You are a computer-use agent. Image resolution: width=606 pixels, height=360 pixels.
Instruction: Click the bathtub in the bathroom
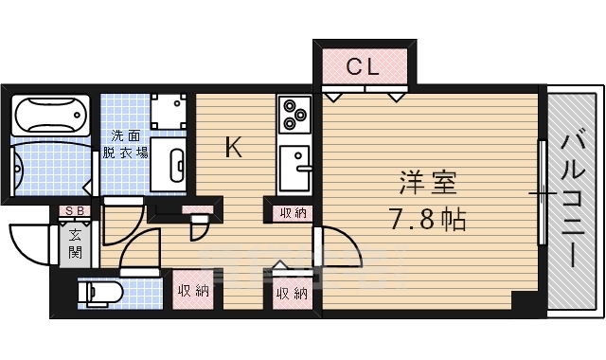[x=52, y=117]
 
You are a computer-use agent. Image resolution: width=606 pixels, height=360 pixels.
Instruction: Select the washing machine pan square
[x=169, y=112]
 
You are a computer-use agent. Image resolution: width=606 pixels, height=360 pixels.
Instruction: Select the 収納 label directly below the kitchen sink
[x=293, y=213]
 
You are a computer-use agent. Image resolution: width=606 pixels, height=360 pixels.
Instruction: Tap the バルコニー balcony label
[x=574, y=199]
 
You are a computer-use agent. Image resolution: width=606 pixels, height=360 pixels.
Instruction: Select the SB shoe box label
[x=72, y=210]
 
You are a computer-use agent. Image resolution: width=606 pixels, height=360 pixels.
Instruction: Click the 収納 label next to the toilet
[x=192, y=292]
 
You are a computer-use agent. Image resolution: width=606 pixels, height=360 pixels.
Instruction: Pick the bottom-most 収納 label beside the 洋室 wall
[x=293, y=294]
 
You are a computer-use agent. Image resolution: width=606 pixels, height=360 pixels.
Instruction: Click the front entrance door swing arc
[x=28, y=244]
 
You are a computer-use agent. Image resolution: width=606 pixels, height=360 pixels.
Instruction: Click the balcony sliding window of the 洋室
[x=543, y=192]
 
